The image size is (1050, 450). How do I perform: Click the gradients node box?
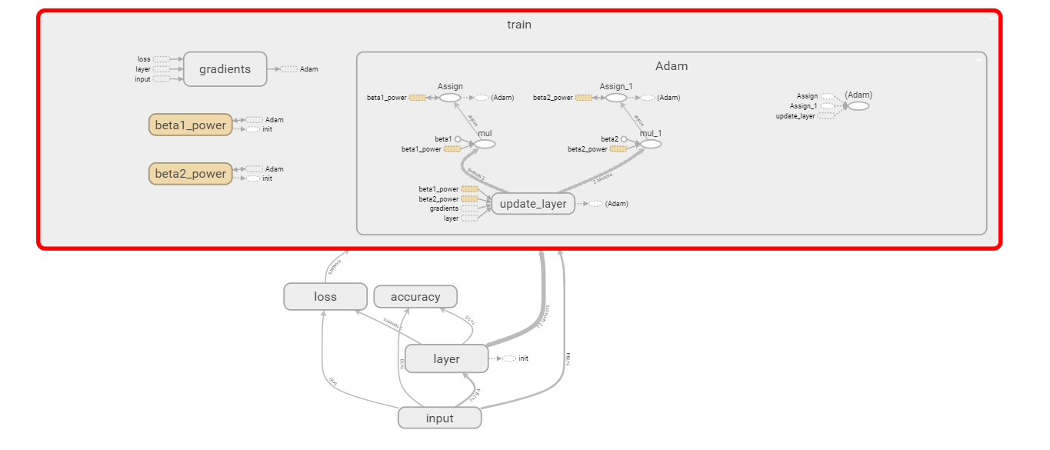pyautogui.click(x=225, y=69)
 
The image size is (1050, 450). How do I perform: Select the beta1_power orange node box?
pyautogui.click(x=190, y=125)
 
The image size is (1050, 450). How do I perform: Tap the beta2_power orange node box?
pyautogui.click(x=190, y=174)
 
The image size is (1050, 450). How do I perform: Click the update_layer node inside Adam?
pyautogui.click(x=533, y=204)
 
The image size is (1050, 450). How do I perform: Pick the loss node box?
pyautogui.click(x=325, y=297)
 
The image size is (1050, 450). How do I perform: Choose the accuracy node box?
pyautogui.click(x=415, y=297)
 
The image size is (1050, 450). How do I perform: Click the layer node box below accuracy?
pyautogui.click(x=446, y=359)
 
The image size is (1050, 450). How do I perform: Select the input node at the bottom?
pyautogui.click(x=439, y=418)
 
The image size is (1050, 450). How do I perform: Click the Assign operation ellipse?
pyautogui.click(x=450, y=98)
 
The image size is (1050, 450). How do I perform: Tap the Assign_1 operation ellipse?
pyautogui.click(x=616, y=98)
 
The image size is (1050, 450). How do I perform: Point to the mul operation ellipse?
pyautogui.click(x=485, y=144)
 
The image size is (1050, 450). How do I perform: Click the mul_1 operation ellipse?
pyautogui.click(x=651, y=144)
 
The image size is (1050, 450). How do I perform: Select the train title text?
pyautogui.click(x=518, y=25)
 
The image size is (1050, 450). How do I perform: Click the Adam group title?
pyautogui.click(x=672, y=66)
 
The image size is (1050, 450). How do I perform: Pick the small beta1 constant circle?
pyautogui.click(x=458, y=139)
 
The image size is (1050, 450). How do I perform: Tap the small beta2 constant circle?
pyautogui.click(x=624, y=139)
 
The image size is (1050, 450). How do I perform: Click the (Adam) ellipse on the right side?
pyautogui.click(x=858, y=105)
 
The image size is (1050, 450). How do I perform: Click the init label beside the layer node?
pyautogui.click(x=523, y=358)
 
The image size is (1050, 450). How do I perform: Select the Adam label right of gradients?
pyautogui.click(x=308, y=69)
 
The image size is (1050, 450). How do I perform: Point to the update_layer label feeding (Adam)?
pyautogui.click(x=795, y=116)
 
